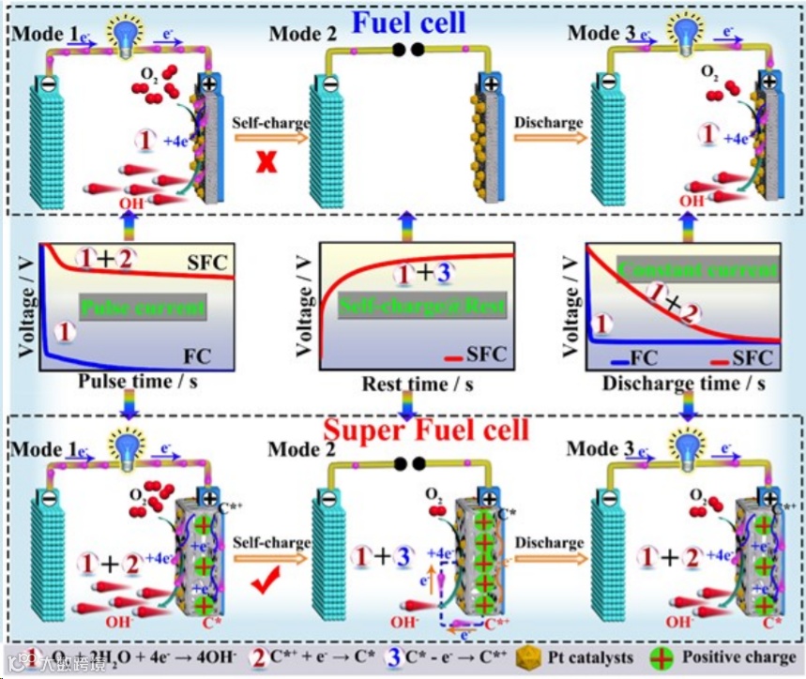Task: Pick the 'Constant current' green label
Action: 699,272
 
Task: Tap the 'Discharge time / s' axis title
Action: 683,384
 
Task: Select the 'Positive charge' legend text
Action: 738,656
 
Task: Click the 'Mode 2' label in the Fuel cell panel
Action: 302,35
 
